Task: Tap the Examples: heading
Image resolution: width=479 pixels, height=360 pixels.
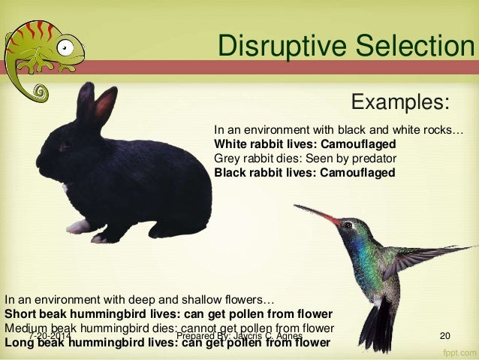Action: coord(400,101)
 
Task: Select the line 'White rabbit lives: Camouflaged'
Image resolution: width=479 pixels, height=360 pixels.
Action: coord(305,144)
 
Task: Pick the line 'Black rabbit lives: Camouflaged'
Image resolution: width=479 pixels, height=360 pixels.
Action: coord(304,172)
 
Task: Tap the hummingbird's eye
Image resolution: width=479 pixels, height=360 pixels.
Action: coord(348,225)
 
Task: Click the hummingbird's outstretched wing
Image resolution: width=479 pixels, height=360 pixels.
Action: coord(432,256)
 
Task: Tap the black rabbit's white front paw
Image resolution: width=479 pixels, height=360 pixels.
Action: coord(77,225)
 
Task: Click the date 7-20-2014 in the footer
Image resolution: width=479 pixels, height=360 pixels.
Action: coord(50,336)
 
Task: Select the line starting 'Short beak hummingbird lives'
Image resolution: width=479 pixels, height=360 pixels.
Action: coord(168,313)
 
